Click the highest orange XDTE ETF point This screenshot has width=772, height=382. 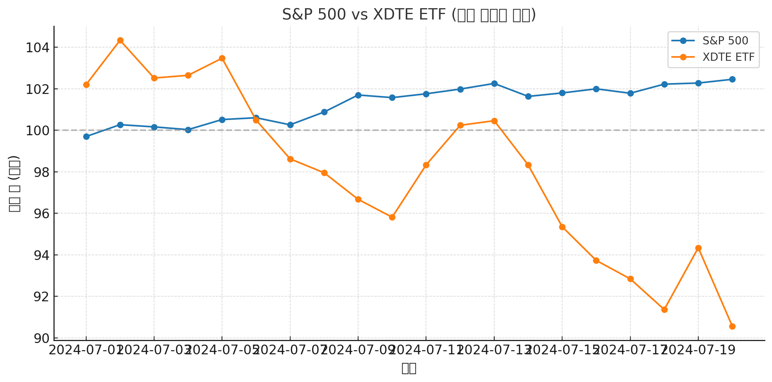120,41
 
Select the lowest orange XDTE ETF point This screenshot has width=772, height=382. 732,326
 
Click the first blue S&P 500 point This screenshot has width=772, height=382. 86,136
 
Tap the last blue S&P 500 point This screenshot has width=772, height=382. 732,79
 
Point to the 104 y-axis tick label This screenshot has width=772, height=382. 37,48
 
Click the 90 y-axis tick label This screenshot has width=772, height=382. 41,338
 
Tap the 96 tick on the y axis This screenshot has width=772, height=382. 41,214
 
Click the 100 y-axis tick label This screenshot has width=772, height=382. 37,131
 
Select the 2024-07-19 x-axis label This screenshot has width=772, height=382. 698,350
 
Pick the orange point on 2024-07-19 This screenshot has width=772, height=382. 698,248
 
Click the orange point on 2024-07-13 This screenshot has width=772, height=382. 494,121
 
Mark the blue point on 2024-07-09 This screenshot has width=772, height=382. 358,95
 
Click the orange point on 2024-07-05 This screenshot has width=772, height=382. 222,58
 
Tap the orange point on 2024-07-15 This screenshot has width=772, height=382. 562,227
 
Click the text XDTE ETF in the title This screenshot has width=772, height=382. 409,15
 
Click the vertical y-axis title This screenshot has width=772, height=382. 14,183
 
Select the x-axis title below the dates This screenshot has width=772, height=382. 409,368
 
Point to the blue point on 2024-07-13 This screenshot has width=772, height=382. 494,83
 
